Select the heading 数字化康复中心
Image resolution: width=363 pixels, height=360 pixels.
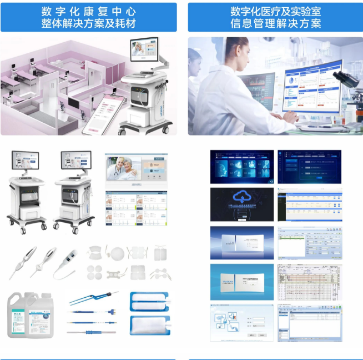(88, 11)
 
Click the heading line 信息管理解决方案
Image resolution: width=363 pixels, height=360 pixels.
(275, 23)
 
